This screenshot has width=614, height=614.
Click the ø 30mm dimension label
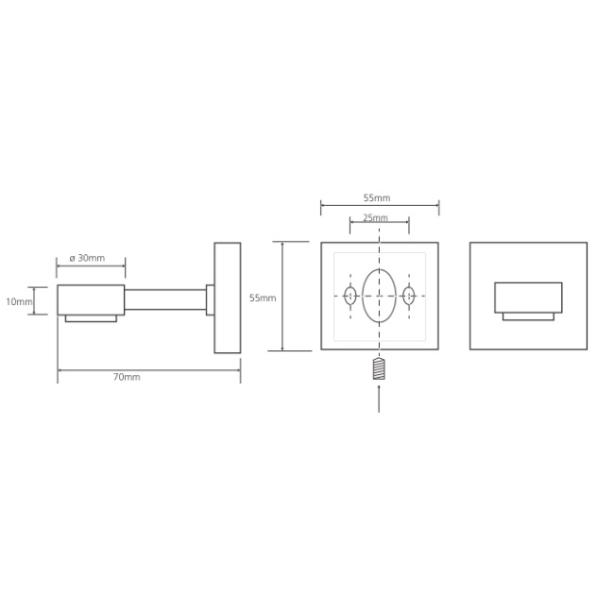(x=87, y=258)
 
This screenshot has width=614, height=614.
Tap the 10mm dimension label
(x=19, y=302)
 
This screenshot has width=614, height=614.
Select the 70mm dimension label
(x=127, y=377)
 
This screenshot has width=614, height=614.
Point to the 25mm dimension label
(x=375, y=217)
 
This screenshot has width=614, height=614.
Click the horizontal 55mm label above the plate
(x=377, y=197)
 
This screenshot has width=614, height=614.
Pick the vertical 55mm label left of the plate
(x=263, y=298)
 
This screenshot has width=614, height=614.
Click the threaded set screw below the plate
(x=379, y=368)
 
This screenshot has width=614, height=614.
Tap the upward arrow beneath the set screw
(x=379, y=399)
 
